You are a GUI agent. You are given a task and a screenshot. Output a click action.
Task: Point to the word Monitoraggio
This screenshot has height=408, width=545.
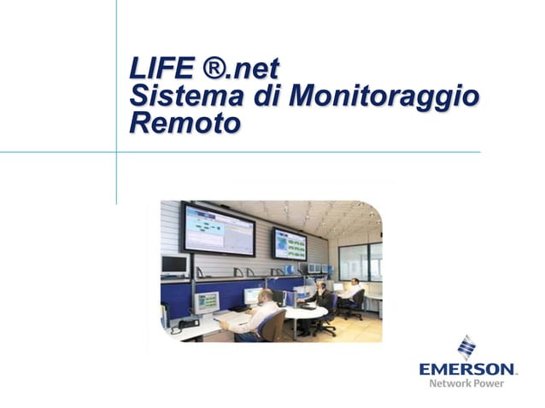pos(384,96)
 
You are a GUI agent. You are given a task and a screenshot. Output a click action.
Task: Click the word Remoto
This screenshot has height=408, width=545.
pos(184,124)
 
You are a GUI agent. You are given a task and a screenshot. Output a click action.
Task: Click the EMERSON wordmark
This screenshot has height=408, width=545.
pos(467,370)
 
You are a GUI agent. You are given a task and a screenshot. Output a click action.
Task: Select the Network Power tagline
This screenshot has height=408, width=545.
pos(468,384)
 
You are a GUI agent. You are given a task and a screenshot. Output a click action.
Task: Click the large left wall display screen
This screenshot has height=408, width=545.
pos(217,229)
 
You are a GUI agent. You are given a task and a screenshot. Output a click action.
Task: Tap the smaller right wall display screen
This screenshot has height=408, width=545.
pos(289,244)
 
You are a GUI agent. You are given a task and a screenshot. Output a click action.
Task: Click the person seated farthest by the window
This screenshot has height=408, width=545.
pos(351,291)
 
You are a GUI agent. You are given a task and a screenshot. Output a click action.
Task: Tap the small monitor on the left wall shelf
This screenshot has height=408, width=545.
pos(175,265)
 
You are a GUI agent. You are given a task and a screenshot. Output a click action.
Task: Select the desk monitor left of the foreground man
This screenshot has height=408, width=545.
pos(207,301)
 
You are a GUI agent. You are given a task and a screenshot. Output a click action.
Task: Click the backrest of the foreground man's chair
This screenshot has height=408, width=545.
pos(274,325)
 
